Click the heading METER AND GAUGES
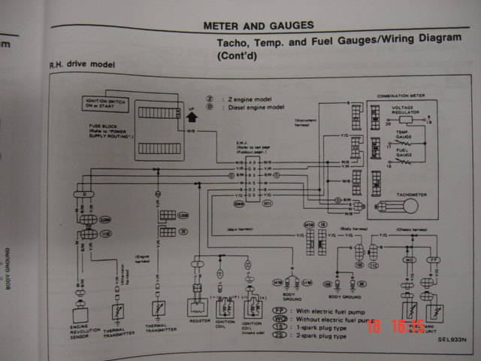tap(259, 26)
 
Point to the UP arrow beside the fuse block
tap(191, 117)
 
